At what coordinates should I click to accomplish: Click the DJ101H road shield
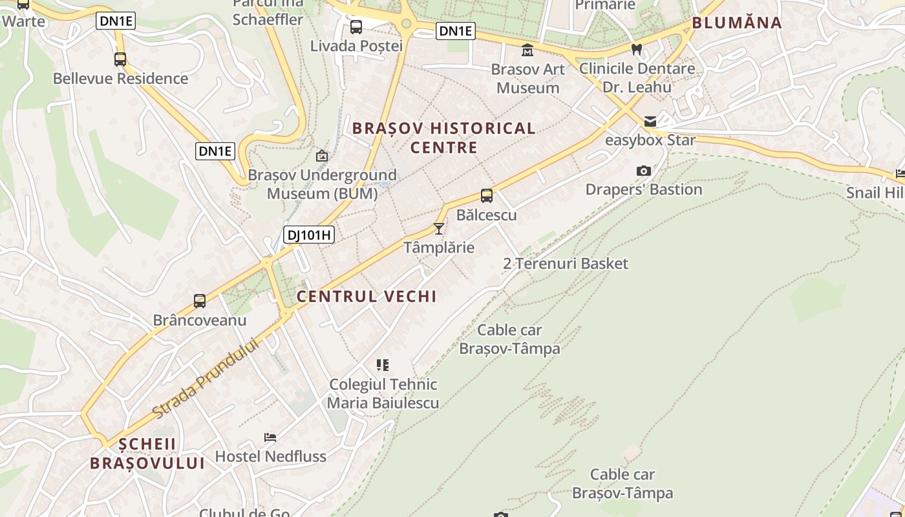(x=309, y=235)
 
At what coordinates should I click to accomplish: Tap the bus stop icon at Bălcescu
(x=487, y=196)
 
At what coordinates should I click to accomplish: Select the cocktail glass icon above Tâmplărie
(x=439, y=228)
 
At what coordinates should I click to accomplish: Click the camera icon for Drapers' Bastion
(x=643, y=171)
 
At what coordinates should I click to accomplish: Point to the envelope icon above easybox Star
(x=650, y=121)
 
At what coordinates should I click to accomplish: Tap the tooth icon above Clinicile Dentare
(x=637, y=49)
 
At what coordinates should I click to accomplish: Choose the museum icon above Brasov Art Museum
(x=527, y=50)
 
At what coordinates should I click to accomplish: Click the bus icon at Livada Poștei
(x=356, y=27)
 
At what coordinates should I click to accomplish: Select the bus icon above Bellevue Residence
(x=120, y=59)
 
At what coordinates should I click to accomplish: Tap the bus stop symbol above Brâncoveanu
(x=200, y=301)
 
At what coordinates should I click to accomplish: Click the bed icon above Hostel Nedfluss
(x=270, y=438)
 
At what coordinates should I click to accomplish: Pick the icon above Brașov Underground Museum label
(x=322, y=156)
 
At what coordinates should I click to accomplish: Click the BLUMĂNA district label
(x=737, y=23)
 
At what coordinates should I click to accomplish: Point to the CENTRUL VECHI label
(x=367, y=297)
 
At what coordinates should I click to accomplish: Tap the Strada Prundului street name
(x=206, y=378)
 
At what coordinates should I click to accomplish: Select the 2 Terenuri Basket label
(x=566, y=264)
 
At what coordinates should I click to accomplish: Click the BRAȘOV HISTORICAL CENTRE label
(x=444, y=138)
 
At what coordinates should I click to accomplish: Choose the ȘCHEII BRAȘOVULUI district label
(x=147, y=454)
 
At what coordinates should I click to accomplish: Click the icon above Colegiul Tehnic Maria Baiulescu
(x=383, y=365)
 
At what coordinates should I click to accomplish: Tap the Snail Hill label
(x=875, y=193)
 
